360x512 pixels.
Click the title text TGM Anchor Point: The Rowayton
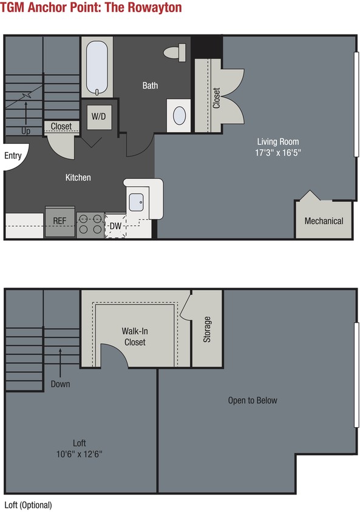click(x=91, y=8)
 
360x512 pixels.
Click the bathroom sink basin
click(x=180, y=115)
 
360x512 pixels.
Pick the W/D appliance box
click(x=99, y=116)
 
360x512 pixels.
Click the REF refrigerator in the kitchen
click(x=59, y=221)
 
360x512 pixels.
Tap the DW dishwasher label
click(x=115, y=226)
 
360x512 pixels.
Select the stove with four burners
click(x=90, y=224)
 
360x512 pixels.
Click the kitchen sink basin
click(x=137, y=201)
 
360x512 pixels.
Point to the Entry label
click(x=13, y=156)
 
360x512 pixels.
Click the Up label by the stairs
click(x=26, y=130)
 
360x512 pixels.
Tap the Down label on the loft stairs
click(x=60, y=383)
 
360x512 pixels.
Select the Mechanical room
click(x=324, y=221)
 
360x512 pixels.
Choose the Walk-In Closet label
click(x=134, y=337)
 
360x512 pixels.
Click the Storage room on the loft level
click(x=207, y=329)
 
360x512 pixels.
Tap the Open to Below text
click(x=253, y=400)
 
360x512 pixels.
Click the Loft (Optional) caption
click(x=28, y=505)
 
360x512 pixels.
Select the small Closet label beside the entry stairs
click(x=61, y=127)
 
